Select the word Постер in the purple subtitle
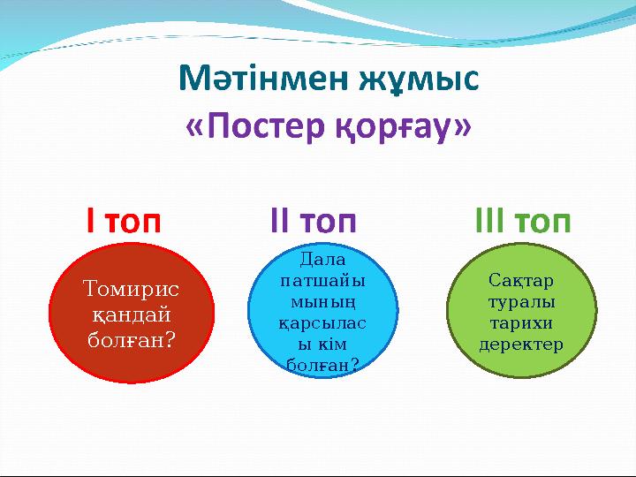pyautogui.click(x=266, y=125)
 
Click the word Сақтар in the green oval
pyautogui.click(x=521, y=281)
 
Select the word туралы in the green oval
pyautogui.click(x=521, y=302)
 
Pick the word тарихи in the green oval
pyautogui.click(x=521, y=323)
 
